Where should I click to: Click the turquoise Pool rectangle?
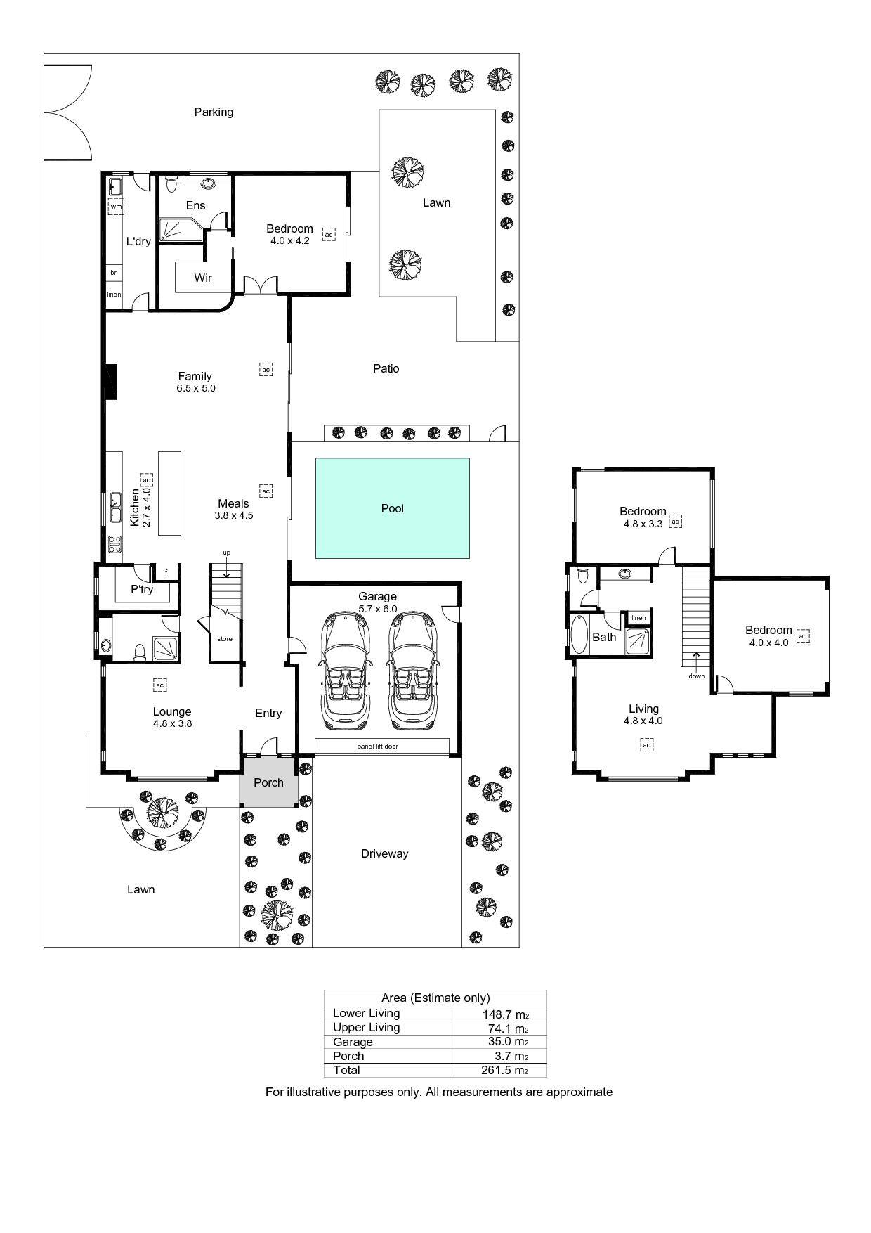pyautogui.click(x=392, y=508)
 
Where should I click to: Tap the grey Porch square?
pyautogui.click(x=268, y=782)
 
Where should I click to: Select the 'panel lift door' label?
pyautogui.click(x=377, y=746)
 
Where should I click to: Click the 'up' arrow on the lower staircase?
pyautogui.click(x=227, y=569)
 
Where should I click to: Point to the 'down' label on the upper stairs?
pyautogui.click(x=696, y=676)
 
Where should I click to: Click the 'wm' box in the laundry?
pyautogui.click(x=116, y=207)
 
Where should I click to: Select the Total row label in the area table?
pyautogui.click(x=346, y=1070)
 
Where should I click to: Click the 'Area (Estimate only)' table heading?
pyautogui.click(x=435, y=998)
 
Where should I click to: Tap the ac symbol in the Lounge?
pyautogui.click(x=159, y=685)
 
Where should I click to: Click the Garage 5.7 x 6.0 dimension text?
pyautogui.click(x=378, y=609)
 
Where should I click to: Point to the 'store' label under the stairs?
pyautogui.click(x=225, y=639)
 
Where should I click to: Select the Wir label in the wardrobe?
pyautogui.click(x=203, y=278)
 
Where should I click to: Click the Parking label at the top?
pyautogui.click(x=214, y=112)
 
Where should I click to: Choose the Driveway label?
pyautogui.click(x=384, y=853)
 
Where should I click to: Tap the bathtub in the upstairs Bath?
pyautogui.click(x=579, y=634)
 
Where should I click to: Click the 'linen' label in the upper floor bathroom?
pyautogui.click(x=638, y=618)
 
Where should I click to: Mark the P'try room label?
pyautogui.click(x=142, y=589)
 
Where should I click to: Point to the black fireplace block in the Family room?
pyautogui.click(x=110, y=382)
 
